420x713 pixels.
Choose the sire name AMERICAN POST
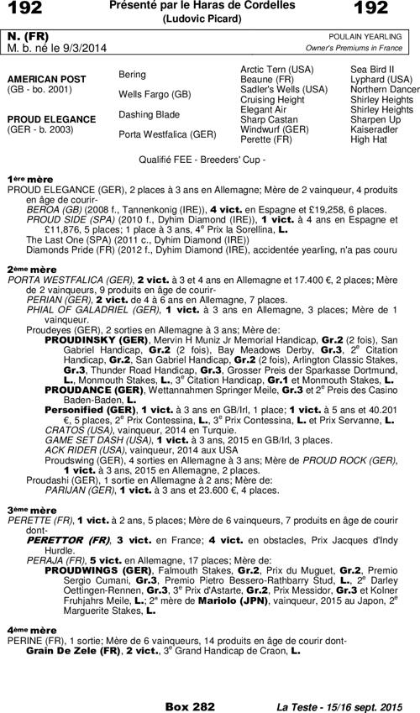tap(42, 78)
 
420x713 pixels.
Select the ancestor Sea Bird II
tap(375, 68)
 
